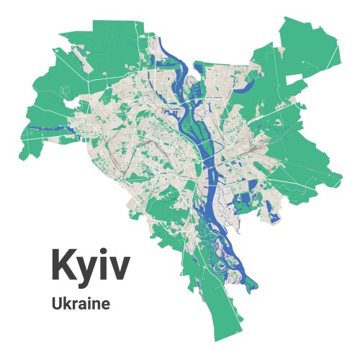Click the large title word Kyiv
tap(90, 266)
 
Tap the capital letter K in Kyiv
tap(63, 264)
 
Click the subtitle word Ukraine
tap(81, 304)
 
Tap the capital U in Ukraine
tap(56, 304)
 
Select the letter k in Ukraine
tap(66, 304)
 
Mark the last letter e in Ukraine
tap(106, 305)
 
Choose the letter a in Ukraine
tap(84, 305)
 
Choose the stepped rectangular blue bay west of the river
tap(173, 114)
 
